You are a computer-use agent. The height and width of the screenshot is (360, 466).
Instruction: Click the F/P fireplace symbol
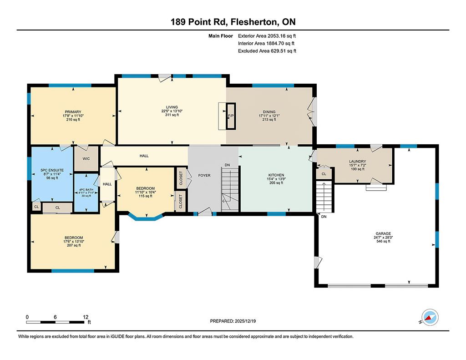coord(231,116)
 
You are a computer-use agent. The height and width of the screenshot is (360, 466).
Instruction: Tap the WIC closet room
coord(86,159)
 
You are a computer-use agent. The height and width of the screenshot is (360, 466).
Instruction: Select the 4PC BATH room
coord(86,193)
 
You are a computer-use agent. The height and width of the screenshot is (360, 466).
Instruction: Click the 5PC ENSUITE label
coord(52,170)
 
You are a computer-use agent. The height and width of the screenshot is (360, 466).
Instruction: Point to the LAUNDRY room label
coord(358,162)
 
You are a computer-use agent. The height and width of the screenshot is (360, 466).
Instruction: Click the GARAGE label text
coord(383,233)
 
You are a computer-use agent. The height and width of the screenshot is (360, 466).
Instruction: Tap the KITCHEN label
coord(276,175)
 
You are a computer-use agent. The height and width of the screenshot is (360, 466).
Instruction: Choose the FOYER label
coord(204,175)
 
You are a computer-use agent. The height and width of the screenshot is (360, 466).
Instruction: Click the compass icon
coord(430,318)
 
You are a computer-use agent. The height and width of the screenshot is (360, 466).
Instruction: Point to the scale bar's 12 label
coord(86,317)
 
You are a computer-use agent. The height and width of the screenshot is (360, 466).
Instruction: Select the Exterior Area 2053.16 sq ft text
coord(267,36)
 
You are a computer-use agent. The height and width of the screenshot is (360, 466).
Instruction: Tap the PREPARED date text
coord(233,321)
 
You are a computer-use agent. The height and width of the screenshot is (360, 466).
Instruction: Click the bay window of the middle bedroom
coord(146,217)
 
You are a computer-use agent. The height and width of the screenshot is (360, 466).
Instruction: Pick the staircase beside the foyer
coord(230,189)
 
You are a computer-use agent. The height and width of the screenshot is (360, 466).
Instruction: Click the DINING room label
coord(269,112)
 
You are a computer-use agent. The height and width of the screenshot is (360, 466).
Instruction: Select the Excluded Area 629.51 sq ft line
coord(267,51)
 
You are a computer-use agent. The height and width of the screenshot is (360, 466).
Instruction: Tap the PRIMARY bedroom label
coord(73,112)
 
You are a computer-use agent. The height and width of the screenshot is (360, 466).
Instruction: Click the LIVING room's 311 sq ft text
coord(172,115)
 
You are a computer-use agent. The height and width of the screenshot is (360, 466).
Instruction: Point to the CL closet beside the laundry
coord(324,173)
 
